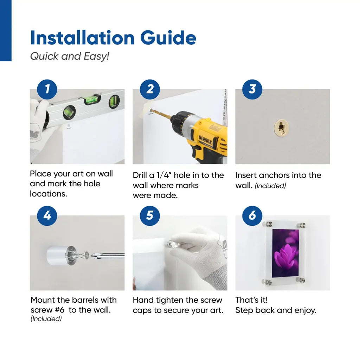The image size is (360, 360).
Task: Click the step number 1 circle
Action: tap(47, 89)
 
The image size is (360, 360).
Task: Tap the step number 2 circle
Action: tap(150, 89)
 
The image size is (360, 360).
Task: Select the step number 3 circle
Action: tap(252, 89)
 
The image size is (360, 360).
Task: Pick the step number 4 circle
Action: tap(47, 216)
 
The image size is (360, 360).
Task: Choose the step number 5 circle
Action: tap(150, 216)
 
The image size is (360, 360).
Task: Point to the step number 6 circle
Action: tap(252, 216)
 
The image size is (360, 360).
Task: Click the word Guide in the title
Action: tap(168, 38)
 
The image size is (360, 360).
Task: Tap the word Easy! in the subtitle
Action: tap(96, 57)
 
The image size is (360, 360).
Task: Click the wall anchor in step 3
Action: tap(282, 128)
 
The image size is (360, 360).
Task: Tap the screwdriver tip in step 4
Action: tap(95, 255)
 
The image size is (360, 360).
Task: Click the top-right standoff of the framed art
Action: tap(301, 225)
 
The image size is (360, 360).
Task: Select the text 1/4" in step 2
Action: tap(163, 175)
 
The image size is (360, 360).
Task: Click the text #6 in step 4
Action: tap(59, 310)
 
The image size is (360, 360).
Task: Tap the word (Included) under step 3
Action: tap(270, 186)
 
